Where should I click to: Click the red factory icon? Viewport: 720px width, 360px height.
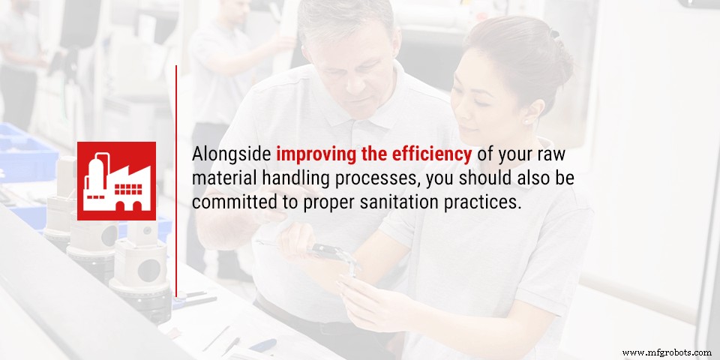[x=116, y=181]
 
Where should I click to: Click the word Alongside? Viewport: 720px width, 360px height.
[x=231, y=155]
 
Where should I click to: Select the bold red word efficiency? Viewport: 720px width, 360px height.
[x=430, y=155]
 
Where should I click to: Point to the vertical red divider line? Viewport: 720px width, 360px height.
[x=176, y=180]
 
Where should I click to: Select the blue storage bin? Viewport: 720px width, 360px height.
[x=26, y=150]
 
